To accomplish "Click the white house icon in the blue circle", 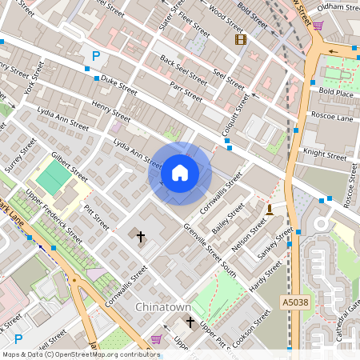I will tap(180, 173).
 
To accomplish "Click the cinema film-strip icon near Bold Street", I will tap(240, 39).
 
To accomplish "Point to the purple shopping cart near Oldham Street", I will tap(318, 26).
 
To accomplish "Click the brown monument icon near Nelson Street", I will tap(270, 210).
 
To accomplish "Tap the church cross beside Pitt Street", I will tap(141, 236).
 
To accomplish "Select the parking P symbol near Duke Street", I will tap(96, 56).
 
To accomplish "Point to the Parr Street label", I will tap(189, 95).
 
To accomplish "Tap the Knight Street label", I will tap(325, 152).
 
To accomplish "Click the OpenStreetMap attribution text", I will tap(81, 354).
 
